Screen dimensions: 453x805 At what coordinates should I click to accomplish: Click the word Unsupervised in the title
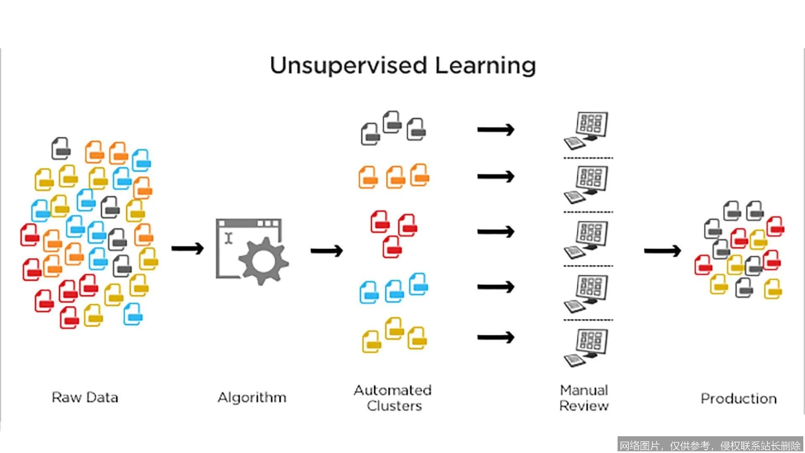point(348,66)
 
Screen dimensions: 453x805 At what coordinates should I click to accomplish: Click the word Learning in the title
point(486,66)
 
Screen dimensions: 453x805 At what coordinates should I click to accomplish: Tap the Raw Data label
point(85,397)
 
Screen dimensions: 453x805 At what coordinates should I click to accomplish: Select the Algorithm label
point(252,397)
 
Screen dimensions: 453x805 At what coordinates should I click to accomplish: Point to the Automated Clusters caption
point(393,398)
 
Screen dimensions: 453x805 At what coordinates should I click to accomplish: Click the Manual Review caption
point(584,398)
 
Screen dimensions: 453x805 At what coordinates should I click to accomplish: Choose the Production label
point(739,398)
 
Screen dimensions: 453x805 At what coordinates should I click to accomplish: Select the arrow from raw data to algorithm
point(187,249)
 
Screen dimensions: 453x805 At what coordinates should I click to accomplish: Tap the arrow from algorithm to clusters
point(327,251)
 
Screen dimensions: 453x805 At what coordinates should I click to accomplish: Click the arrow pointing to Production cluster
point(662,251)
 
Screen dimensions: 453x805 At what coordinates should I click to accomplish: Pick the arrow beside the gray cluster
point(496,130)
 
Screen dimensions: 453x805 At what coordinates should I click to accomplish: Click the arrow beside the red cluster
point(496,232)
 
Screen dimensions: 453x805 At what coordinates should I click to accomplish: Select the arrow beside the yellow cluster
point(496,337)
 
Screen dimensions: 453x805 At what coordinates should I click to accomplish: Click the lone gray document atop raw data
point(61,148)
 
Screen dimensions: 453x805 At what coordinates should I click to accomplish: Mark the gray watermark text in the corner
point(710,445)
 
